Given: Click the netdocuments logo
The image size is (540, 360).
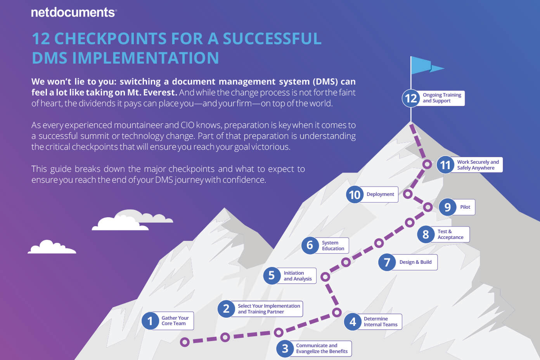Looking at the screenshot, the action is (x=74, y=12).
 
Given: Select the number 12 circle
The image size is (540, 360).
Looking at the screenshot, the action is (x=411, y=98).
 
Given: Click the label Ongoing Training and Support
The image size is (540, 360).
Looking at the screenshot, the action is (x=442, y=98).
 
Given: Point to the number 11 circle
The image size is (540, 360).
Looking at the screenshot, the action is (x=445, y=165).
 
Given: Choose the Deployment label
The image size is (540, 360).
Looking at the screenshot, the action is (x=380, y=194).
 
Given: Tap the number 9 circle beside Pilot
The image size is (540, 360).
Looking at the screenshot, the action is (x=447, y=207).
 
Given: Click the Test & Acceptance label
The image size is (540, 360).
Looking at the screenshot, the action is (x=450, y=234).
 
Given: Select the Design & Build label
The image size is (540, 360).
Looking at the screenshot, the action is (x=415, y=262).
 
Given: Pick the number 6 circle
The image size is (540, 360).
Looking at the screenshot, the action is (x=310, y=246).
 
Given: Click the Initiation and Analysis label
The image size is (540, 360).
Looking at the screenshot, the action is (x=298, y=276).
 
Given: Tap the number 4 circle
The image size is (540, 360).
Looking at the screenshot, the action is (x=353, y=322).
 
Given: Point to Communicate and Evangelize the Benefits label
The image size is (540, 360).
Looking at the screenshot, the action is (x=322, y=348).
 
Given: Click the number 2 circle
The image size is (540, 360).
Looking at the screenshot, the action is (x=226, y=309).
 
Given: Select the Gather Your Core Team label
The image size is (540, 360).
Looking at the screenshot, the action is (x=175, y=321).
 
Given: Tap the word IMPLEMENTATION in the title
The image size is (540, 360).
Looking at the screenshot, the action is (x=145, y=58).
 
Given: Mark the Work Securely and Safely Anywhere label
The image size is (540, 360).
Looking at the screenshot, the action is (x=478, y=165).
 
